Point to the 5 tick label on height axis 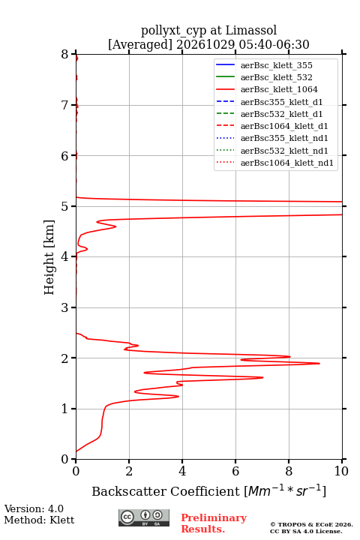point(65,206)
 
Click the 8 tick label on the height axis point(65,54)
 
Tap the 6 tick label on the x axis point(235,471)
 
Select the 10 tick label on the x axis point(341,471)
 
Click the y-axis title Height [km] point(49,257)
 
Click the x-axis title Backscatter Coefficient point(166,491)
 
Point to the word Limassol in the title point(251,30)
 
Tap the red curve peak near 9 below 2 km point(319,363)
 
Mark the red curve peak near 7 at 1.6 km point(262,377)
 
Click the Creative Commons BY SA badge point(144,517)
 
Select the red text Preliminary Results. point(214,523)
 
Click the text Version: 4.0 point(34,508)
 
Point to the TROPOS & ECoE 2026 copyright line point(311,524)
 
